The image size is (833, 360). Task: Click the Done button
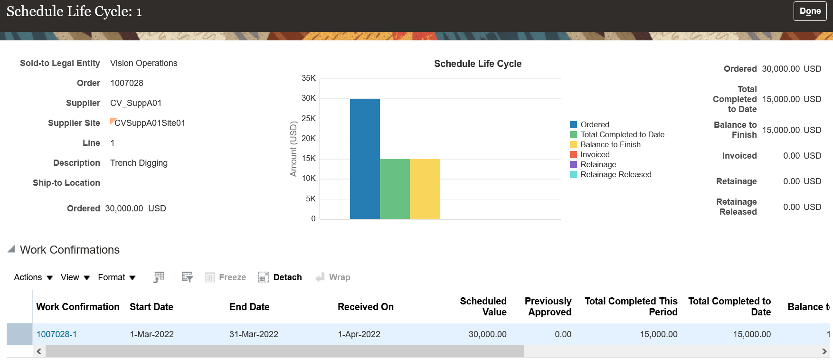pos(810,11)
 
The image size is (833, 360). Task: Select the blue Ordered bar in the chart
pos(365,159)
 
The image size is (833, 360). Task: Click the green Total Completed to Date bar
pos(395,189)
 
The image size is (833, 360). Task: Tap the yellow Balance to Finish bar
pos(425,189)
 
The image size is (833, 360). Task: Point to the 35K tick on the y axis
pos(309,78)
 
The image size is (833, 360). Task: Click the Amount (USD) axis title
pos(293,149)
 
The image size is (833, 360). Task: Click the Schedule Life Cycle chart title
pos(477,64)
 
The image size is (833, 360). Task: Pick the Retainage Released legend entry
pos(615,175)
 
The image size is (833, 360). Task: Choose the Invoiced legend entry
pos(595,155)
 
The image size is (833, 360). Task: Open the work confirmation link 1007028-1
pos(57,334)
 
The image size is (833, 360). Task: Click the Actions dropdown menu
pos(33,277)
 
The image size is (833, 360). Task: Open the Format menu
pos(116,277)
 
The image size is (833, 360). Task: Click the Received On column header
pos(365,307)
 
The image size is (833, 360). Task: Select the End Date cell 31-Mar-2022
pos(254,334)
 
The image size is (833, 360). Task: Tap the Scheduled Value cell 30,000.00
pos(487,334)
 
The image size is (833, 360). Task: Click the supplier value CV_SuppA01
pos(136,103)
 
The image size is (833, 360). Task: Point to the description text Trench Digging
pos(139,163)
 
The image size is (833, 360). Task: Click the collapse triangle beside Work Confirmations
pos(11,249)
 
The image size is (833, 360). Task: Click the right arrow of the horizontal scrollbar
pos(824,351)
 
